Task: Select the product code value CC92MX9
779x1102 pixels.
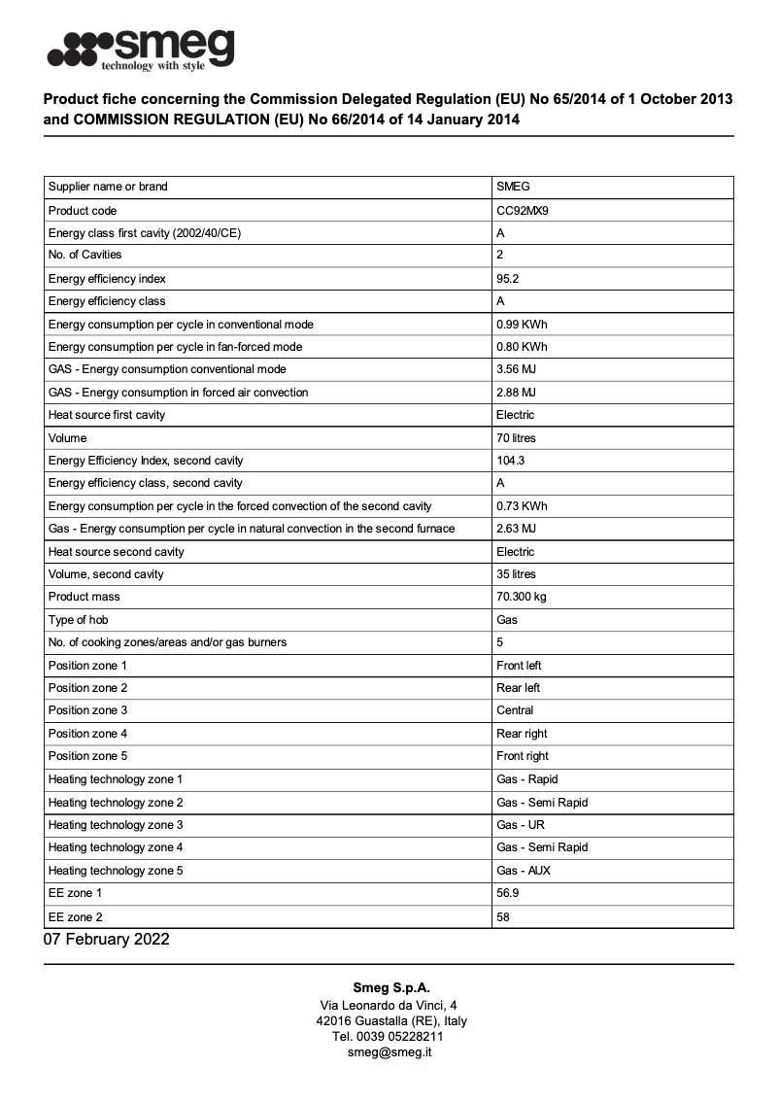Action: point(522,210)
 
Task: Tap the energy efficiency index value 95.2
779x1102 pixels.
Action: point(508,278)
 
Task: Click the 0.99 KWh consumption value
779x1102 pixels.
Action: point(522,324)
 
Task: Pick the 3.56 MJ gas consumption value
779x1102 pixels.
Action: point(516,369)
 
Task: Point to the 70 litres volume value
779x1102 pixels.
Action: point(516,438)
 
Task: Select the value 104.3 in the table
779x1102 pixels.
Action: point(511,461)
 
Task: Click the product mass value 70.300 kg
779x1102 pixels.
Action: point(522,597)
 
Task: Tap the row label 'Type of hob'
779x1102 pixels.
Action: point(79,620)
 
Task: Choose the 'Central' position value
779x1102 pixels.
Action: point(515,710)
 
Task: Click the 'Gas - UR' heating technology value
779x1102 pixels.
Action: point(521,825)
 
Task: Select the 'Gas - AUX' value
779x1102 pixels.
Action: point(524,871)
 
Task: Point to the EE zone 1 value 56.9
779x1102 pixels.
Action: point(508,893)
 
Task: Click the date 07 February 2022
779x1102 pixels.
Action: point(106,939)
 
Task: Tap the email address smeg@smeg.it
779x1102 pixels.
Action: point(389,1051)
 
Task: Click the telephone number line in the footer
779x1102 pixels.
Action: point(389,1036)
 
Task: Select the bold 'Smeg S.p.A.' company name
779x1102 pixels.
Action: point(389,988)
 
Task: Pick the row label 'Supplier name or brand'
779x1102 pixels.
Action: point(108,187)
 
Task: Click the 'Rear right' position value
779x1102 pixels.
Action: point(522,734)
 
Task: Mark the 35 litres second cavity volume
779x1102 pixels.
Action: point(516,574)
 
